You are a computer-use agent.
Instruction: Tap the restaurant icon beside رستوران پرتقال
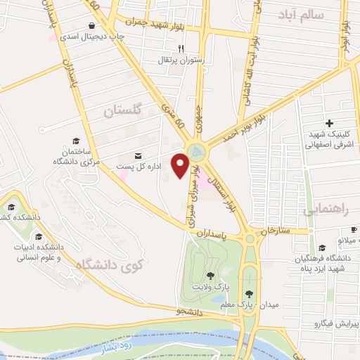(181, 49)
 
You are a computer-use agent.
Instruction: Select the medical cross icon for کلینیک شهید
(329, 123)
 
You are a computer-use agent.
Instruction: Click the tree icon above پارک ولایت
(210, 276)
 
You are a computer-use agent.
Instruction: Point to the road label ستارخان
(274, 231)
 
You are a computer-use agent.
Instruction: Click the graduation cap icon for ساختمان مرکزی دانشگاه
(76, 141)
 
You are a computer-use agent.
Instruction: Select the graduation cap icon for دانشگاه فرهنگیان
(321, 247)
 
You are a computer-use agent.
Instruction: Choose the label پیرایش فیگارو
(332, 323)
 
